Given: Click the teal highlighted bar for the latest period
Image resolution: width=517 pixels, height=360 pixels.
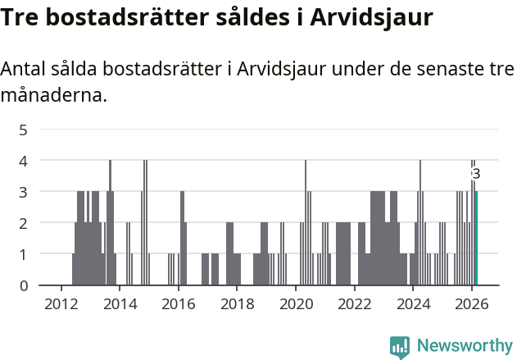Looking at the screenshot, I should (476, 238).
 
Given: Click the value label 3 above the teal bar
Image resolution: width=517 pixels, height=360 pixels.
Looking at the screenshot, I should (476, 174).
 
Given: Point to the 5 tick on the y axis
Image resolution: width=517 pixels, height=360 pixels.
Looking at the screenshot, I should (24, 130).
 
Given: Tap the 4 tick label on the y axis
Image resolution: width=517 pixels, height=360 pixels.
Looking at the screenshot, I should (24, 161).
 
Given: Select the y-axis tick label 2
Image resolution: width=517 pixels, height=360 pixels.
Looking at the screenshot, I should (24, 223).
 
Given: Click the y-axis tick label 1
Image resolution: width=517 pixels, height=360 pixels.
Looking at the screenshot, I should (24, 254).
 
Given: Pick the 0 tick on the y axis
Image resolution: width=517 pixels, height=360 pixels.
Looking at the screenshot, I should (24, 285).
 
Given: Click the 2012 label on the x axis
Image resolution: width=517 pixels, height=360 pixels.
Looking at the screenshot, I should (61, 303).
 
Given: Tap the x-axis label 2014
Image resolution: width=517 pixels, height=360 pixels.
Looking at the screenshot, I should (120, 303).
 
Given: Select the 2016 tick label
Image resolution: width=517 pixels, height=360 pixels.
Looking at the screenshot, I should (179, 303).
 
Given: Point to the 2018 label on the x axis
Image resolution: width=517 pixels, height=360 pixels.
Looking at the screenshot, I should (238, 303).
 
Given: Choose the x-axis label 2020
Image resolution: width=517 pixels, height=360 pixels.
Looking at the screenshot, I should (296, 303).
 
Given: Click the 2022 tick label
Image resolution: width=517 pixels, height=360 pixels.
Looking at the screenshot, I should (355, 303).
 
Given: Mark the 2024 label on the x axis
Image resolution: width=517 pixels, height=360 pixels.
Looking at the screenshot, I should (413, 303).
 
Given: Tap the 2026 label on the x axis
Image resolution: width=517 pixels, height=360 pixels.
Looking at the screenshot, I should (472, 303).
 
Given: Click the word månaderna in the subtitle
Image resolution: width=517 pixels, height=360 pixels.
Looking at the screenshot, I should (54, 95).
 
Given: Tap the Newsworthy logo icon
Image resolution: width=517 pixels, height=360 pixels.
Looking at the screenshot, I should (400, 347).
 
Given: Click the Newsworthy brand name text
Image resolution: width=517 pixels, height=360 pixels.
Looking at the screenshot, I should (465, 347).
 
